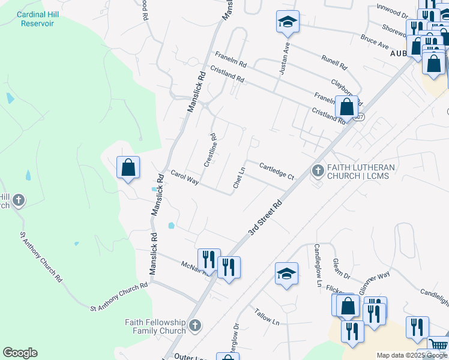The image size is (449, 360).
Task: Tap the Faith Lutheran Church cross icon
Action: click(318, 172)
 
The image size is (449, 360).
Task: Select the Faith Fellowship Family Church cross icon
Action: click(194, 326)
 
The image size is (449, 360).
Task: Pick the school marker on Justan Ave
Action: click(288, 23)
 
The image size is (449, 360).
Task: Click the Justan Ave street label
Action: click(285, 58)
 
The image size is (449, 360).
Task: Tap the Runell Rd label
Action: click(334, 61)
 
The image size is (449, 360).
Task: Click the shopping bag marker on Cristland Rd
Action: click(347, 107)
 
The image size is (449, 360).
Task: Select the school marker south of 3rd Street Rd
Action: click(287, 273)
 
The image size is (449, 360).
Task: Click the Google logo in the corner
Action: click(20, 353)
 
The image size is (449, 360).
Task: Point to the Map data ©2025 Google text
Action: click(412, 355)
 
